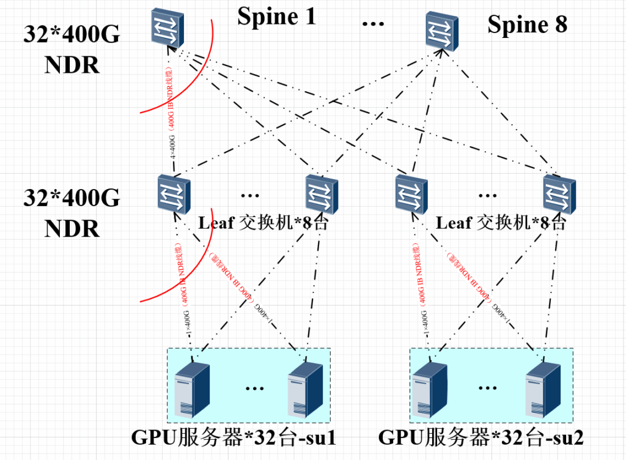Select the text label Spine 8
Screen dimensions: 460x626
tap(527, 24)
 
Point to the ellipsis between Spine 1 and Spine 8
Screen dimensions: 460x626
tap(373, 23)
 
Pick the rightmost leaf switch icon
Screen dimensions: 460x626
tap(559, 195)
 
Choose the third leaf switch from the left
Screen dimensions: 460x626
tap(410, 195)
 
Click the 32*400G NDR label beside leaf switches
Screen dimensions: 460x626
tap(72, 213)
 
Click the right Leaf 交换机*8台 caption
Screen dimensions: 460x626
tap(501, 223)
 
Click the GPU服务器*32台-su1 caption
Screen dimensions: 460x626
tap(234, 438)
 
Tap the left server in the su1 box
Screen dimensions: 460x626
tap(191, 389)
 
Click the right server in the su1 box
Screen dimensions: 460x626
tap(305, 389)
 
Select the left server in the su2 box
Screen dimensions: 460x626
tap(430, 389)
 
